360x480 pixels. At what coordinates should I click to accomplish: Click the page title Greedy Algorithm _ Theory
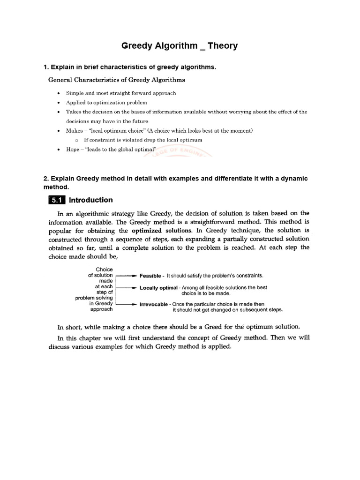[180, 46]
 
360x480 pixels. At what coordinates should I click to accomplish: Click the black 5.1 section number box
[57, 200]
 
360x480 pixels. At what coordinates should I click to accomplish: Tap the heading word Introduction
[91, 200]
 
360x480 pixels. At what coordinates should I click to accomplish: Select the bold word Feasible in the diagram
[151, 276]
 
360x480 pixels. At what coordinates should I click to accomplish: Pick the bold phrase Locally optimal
[159, 287]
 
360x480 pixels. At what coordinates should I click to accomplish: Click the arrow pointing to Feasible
[127, 276]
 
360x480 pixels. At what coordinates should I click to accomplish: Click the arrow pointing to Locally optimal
[127, 287]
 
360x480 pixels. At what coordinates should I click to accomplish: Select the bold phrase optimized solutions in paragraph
[162, 231]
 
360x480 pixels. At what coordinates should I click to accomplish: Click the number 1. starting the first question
[46, 67]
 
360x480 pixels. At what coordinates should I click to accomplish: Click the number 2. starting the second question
[46, 179]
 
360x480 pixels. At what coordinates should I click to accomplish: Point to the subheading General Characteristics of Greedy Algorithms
[117, 80]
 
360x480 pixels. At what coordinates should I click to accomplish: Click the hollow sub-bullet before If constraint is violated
[76, 140]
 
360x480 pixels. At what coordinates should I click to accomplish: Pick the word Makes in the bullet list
[75, 130]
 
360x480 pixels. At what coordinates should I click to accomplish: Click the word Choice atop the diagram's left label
[104, 270]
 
